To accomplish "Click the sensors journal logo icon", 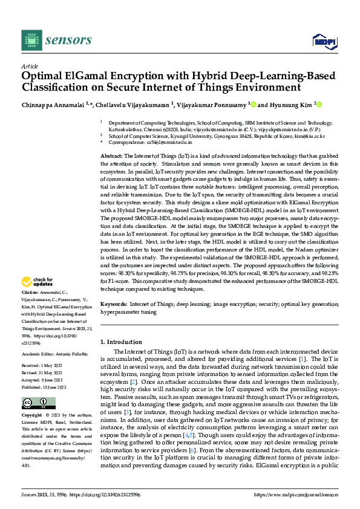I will click(x=31, y=40).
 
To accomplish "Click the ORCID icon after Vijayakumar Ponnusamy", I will click(x=254, y=104).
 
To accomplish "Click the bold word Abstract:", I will click(x=111, y=157).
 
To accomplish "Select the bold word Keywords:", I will click(x=113, y=305).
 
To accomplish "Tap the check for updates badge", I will click(x=38, y=282).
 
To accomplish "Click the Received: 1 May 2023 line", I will click(x=41, y=366).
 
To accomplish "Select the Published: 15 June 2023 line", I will click(x=44, y=386).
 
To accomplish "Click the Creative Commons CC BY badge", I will click(x=34, y=403).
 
